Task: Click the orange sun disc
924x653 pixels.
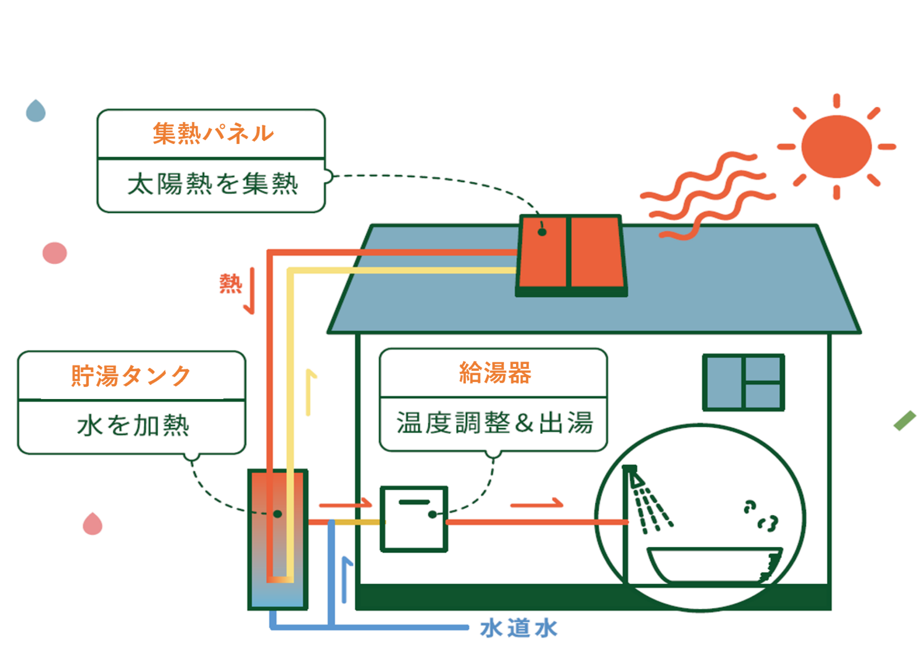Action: coord(836,146)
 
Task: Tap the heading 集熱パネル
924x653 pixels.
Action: coord(213,133)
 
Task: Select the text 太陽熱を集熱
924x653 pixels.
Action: coord(212,184)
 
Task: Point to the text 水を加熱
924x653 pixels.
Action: coord(133,425)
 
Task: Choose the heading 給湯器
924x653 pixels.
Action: coord(495,372)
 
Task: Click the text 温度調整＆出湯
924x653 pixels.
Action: coord(494,423)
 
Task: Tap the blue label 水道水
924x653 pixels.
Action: coord(519,628)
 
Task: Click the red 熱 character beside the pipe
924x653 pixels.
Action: coord(230,284)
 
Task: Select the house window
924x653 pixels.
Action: coord(743,382)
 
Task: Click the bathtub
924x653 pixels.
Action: coord(714,565)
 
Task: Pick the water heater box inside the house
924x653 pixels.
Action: coord(414,519)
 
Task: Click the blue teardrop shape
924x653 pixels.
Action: coord(36,111)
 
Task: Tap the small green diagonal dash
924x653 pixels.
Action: coord(905,421)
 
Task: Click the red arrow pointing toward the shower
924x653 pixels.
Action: coord(537,503)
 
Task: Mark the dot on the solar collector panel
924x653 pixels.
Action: coord(542,232)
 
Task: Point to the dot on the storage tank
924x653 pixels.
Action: coord(277,514)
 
